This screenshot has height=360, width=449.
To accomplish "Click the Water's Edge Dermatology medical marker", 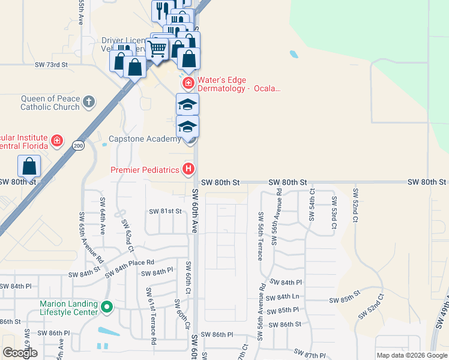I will pos(188,82).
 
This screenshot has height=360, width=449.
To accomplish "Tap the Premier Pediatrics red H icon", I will pos(188,169).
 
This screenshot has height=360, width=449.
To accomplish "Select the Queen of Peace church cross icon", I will pos(89,101).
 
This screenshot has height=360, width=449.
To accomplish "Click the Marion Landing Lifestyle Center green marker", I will pos(107,308).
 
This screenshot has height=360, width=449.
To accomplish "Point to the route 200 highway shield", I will pos(78,145).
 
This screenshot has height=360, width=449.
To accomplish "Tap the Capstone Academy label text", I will pos(144,139).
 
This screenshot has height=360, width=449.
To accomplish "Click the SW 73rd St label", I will pos(51,64).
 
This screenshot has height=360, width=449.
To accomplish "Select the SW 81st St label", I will pos(165,211).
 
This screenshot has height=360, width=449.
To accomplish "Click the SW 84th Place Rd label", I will pos(130,266).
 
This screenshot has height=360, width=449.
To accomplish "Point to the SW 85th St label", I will pos(344,300).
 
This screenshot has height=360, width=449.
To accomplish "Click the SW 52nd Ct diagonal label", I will pos(371,306).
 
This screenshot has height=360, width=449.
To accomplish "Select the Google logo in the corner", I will pos(20,353).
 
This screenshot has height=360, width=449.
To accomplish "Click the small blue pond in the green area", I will pos(293,54).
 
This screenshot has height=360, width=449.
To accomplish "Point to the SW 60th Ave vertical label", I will pos(195,211).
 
